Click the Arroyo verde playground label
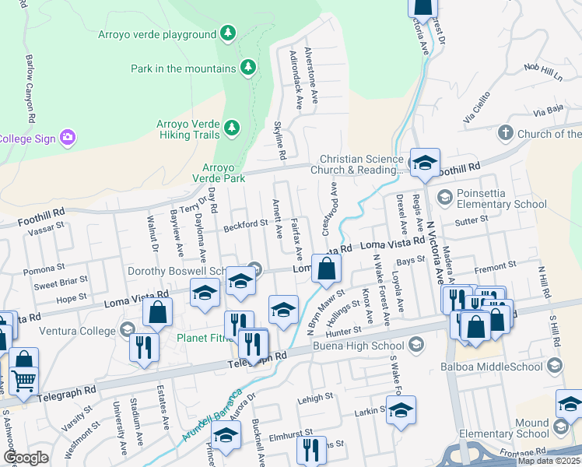(156, 34)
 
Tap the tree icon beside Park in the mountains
(248, 68)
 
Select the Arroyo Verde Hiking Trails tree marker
(231, 127)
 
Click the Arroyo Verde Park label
(223, 173)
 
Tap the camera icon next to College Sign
(68, 138)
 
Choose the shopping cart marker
(23, 381)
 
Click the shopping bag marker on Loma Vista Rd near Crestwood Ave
(327, 269)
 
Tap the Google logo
(26, 458)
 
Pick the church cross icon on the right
(506, 133)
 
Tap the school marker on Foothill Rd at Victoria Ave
(425, 163)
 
